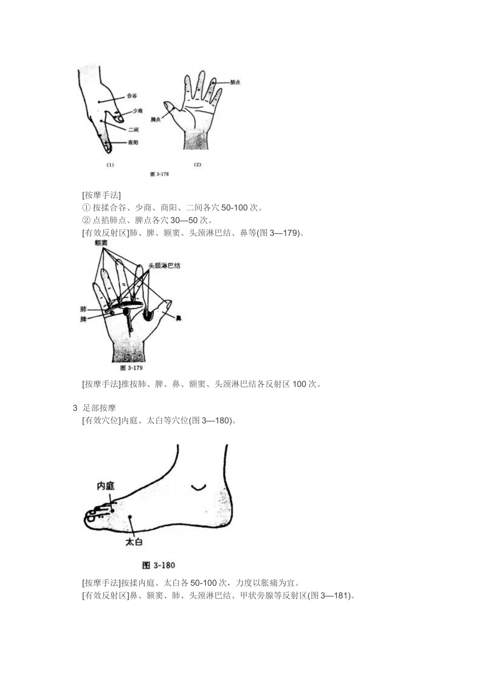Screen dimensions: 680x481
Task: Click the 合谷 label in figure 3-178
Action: [131, 96]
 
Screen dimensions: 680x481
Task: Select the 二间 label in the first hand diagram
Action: [133, 130]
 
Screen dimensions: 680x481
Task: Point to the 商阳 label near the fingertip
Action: [133, 143]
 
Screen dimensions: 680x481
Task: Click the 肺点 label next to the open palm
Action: [235, 82]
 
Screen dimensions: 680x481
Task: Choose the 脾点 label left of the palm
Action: [155, 119]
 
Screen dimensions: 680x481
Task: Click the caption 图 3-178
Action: [159, 174]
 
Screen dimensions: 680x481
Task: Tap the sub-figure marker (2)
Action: [197, 164]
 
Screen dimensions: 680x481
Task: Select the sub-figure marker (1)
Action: [110, 164]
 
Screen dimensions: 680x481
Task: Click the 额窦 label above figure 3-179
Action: [101, 243]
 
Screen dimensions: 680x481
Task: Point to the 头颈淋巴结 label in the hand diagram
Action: [164, 265]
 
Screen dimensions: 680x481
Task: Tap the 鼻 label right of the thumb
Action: [179, 318]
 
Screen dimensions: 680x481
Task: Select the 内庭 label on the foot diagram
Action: [105, 486]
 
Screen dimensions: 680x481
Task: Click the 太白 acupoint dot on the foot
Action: [130, 517]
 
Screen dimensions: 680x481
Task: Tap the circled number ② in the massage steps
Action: [86, 220]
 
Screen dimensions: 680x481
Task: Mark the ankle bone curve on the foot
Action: [198, 487]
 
